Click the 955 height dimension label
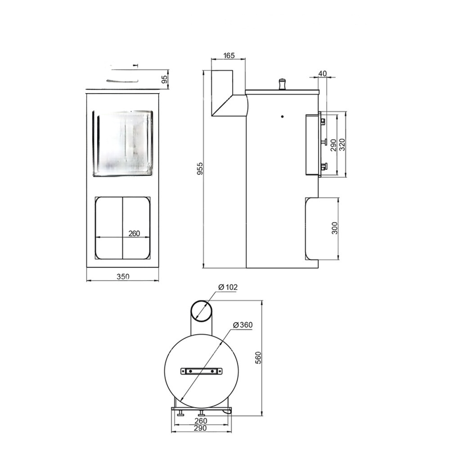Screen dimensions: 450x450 tap(200, 168)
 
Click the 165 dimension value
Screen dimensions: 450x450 tap(229, 55)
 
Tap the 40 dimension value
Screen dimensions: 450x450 tap(323, 73)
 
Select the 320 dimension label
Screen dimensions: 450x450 tap(342, 144)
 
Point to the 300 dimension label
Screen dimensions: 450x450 tap(335, 228)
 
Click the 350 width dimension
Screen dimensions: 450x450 tap(123, 276)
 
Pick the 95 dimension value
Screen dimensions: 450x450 tap(164, 80)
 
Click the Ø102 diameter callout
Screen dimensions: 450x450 tap(228, 287)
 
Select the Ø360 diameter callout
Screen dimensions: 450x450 tap(243, 325)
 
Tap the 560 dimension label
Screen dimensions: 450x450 tap(258, 358)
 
